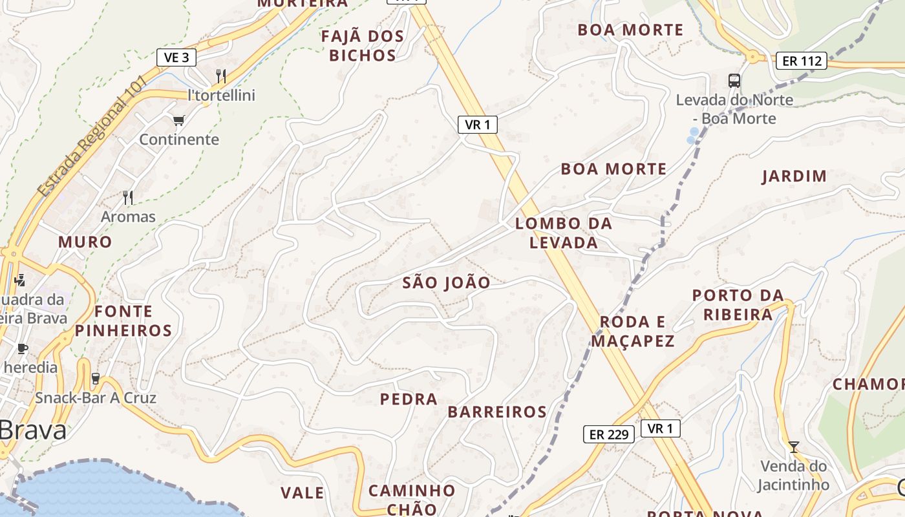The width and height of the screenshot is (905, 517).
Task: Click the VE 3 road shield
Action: click(176, 58)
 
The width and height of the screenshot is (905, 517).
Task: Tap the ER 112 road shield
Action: click(802, 61)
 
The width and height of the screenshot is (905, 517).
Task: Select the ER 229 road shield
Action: click(609, 434)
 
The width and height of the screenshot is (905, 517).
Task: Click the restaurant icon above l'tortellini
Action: click(221, 76)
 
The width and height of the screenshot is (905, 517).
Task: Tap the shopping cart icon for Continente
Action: click(179, 121)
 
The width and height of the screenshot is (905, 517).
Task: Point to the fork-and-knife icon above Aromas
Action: click(128, 197)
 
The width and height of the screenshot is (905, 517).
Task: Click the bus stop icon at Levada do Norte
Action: click(734, 81)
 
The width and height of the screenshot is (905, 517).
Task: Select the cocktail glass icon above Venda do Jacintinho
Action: click(794, 447)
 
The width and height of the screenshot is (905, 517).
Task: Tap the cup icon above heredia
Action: click(23, 349)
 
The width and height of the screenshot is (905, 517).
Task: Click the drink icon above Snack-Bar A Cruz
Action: click(96, 378)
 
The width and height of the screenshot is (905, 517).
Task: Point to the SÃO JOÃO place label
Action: click(446, 282)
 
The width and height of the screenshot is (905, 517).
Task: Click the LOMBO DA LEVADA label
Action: click(564, 233)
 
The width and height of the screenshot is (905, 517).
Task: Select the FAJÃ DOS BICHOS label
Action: click(363, 45)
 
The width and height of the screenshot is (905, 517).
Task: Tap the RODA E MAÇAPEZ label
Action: click(633, 331)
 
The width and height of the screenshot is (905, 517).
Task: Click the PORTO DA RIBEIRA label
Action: click(738, 304)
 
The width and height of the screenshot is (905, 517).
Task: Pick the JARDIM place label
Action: click(794, 176)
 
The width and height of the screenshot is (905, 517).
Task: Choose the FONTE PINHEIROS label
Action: click(123, 321)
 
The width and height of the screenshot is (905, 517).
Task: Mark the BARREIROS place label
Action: click(497, 412)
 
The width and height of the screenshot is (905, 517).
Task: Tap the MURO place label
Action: click(85, 242)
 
